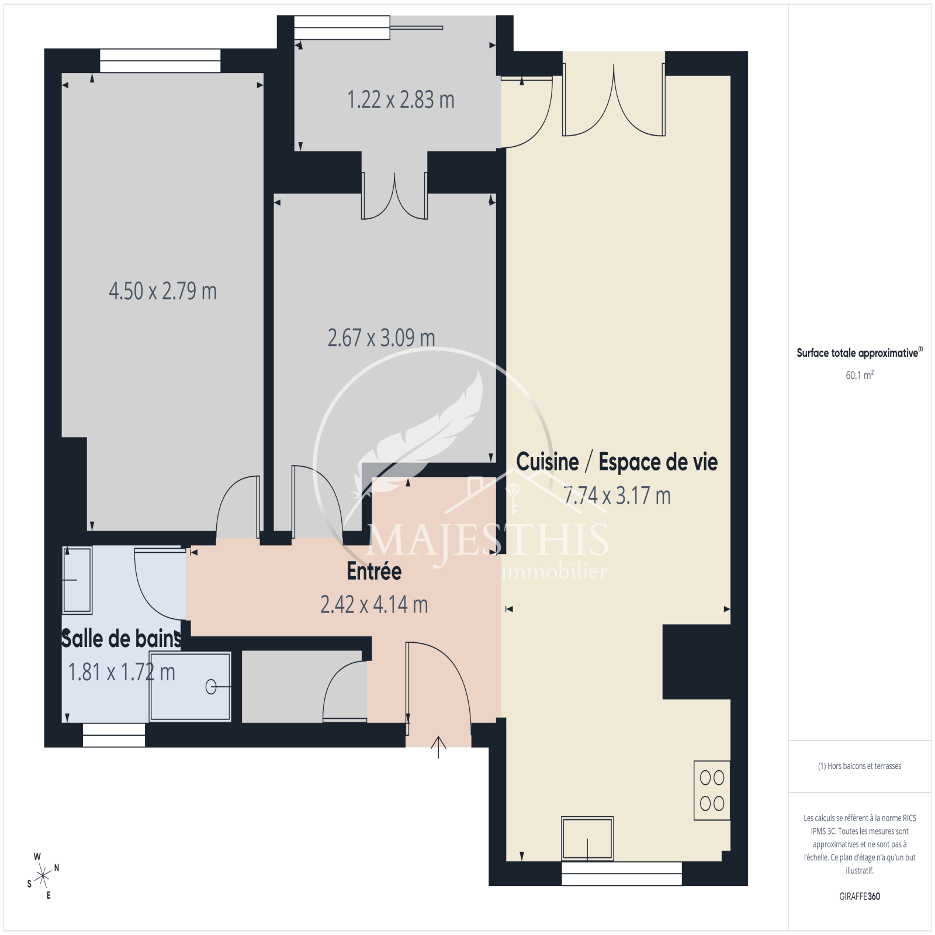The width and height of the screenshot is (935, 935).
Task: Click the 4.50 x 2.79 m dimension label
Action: click(x=162, y=291)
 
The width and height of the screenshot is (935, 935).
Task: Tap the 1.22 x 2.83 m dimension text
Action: click(x=401, y=100)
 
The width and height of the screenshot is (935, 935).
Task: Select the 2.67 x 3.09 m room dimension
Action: click(x=381, y=338)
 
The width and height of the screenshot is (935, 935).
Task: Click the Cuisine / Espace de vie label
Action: click(x=617, y=462)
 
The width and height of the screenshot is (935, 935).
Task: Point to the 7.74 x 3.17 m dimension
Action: click(x=617, y=496)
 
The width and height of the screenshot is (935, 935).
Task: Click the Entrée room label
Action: click(x=374, y=571)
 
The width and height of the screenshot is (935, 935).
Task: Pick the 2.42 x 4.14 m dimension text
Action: click(x=374, y=605)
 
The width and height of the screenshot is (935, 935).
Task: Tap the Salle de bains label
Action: click(x=122, y=639)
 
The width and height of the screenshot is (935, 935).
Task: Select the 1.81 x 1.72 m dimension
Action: click(x=122, y=672)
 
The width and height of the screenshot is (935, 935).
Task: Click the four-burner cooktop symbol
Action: click(x=712, y=790)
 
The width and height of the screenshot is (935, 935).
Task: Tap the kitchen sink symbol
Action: click(x=587, y=838)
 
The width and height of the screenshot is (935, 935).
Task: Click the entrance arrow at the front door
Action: click(x=438, y=747)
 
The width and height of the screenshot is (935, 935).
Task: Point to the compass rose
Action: click(x=43, y=876)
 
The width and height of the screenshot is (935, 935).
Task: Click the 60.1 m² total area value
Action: click(x=860, y=375)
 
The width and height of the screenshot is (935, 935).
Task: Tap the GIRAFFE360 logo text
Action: click(x=860, y=896)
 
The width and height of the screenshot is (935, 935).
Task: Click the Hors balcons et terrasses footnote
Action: click(x=860, y=766)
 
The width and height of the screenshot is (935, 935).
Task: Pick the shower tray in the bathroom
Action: click(x=190, y=687)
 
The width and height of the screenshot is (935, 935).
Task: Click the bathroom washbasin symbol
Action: click(x=77, y=580)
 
